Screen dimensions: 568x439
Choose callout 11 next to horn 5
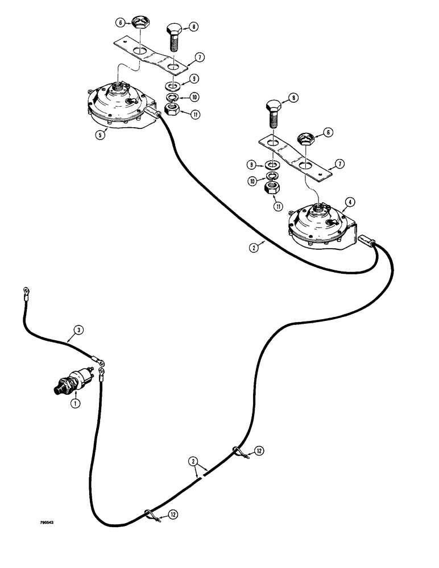coord(195,114)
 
